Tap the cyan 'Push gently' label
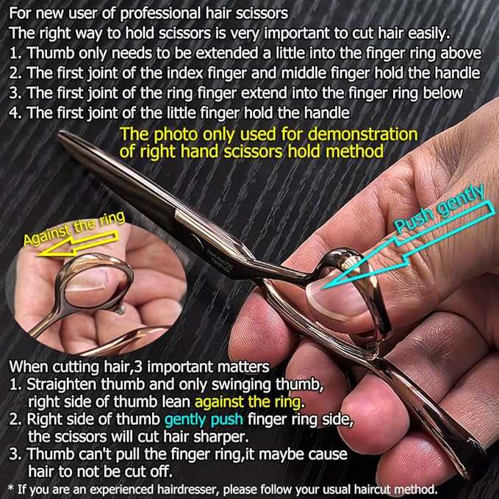coord(439,213)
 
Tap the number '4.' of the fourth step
coord(12,112)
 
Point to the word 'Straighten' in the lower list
coord(62,384)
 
